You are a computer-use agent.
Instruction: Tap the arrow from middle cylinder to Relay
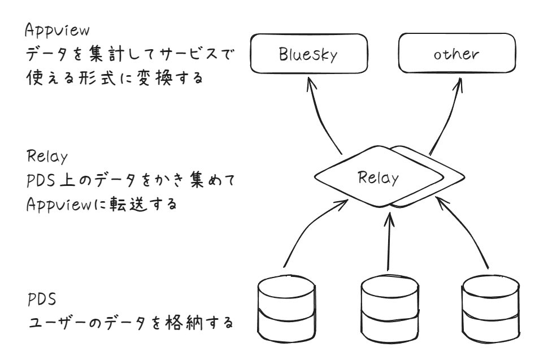point(389,240)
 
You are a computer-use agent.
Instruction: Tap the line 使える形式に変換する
point(114,78)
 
